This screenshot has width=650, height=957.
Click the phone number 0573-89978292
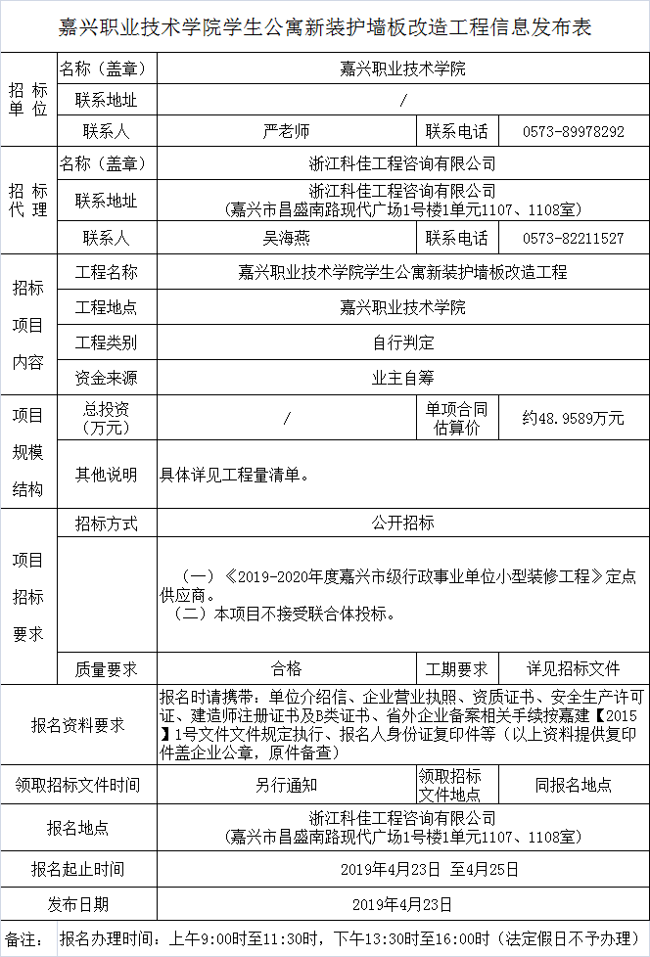[x=574, y=131]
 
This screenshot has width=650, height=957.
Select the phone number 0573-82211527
[x=574, y=238]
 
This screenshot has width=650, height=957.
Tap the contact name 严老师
[x=286, y=131]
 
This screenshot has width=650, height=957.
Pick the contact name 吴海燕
[x=286, y=238]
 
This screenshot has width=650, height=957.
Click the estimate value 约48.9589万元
[x=574, y=418]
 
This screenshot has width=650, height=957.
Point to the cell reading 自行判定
[x=402, y=342]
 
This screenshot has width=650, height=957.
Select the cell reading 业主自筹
[x=402, y=378]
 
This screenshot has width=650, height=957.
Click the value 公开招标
[x=402, y=524]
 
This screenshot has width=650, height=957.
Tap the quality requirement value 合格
[x=286, y=669]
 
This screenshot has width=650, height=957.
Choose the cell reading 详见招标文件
[x=574, y=669]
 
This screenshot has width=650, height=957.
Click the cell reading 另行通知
[x=286, y=785]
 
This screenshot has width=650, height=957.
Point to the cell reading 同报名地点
[x=574, y=785]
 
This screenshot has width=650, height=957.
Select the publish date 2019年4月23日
[x=402, y=904]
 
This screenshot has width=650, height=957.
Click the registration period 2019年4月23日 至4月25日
[x=402, y=869]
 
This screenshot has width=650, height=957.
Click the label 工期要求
[x=456, y=669]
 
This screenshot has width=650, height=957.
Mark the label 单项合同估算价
[x=456, y=418]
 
